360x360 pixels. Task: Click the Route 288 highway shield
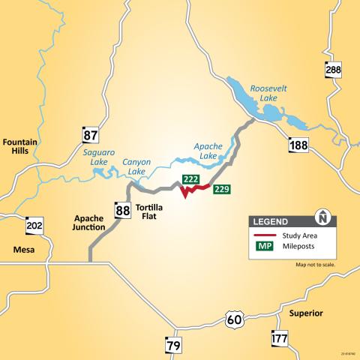tap(334, 70)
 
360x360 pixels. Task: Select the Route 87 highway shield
tap(90, 135)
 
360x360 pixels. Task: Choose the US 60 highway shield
tap(235, 320)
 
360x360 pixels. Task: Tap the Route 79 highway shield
tap(173, 345)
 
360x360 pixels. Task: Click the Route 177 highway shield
tap(279, 339)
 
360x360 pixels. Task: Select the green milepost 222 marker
tap(190, 180)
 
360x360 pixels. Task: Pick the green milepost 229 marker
tap(221, 189)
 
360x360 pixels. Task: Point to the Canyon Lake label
tap(136, 166)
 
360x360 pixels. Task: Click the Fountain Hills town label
tap(20, 146)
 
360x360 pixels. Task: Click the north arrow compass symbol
tap(323, 217)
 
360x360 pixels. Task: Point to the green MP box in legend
tap(265, 246)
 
